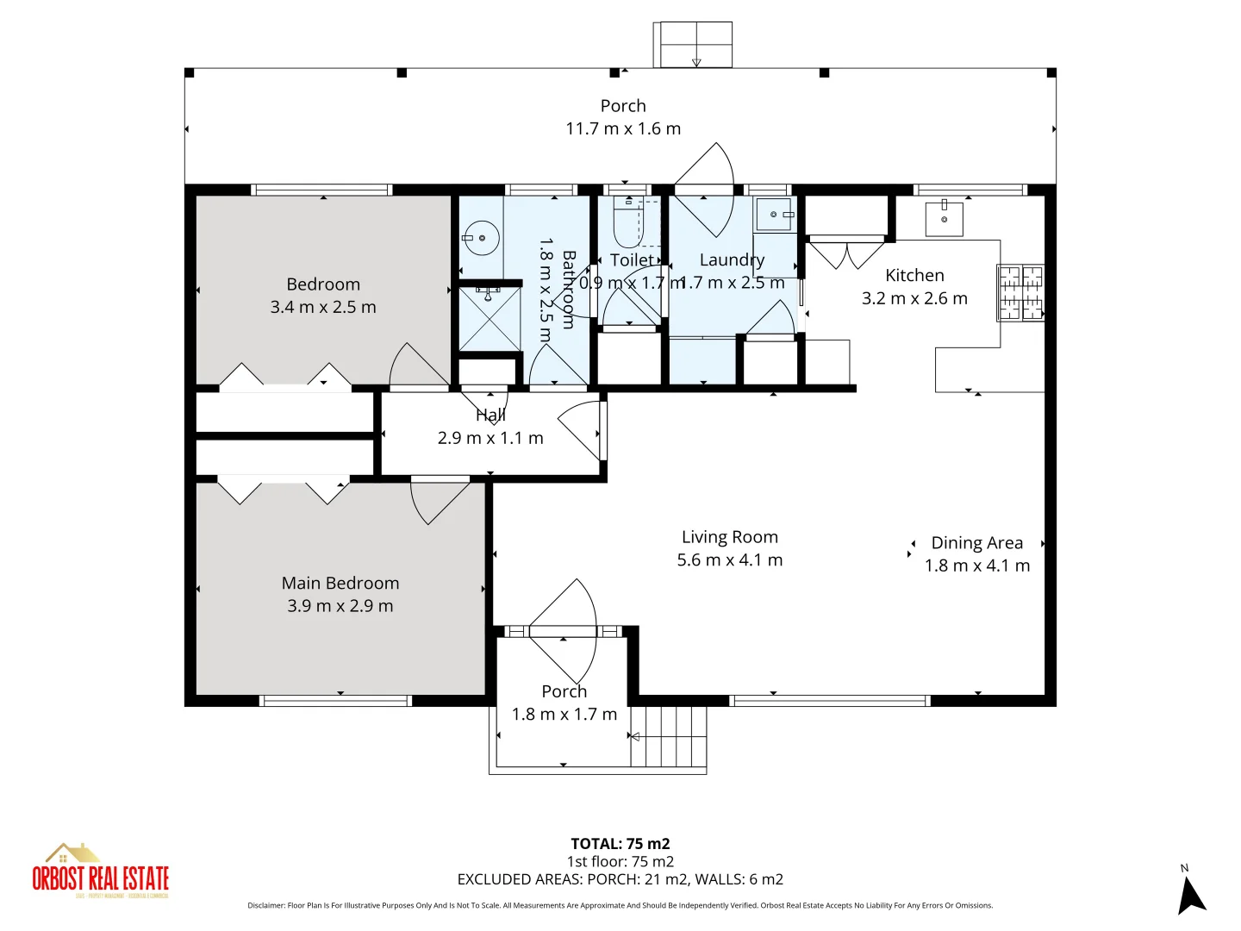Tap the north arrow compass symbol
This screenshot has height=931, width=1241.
click(x=1191, y=894)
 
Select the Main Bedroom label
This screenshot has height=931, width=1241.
click(x=340, y=584)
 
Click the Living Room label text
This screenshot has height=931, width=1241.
click(x=729, y=537)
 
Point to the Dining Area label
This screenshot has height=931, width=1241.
click(x=976, y=543)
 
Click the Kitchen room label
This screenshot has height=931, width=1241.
click(x=914, y=276)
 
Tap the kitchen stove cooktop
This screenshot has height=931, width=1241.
click(x=1020, y=293)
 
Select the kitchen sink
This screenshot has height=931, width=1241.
click(x=944, y=218)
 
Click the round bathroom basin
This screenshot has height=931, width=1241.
click(x=480, y=237)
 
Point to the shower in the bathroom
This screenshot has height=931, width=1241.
click(x=489, y=319)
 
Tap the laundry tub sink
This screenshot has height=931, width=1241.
click(x=774, y=215)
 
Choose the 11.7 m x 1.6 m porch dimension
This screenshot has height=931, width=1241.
click(x=623, y=128)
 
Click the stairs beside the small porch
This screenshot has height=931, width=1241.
click(x=669, y=736)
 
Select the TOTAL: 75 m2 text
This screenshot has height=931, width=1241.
click(x=620, y=844)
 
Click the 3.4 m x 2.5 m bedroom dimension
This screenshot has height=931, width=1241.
click(x=323, y=307)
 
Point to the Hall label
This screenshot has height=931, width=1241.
click(x=490, y=416)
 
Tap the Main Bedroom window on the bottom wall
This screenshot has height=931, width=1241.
click(x=335, y=701)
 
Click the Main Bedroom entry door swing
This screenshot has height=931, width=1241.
click(x=437, y=501)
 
